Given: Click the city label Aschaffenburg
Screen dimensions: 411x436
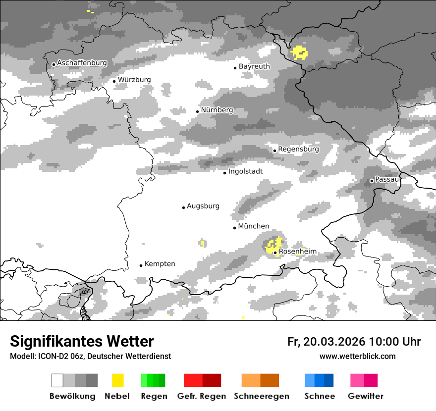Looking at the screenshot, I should pos(82,63).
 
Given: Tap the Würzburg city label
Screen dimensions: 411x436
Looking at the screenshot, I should pos(134,80).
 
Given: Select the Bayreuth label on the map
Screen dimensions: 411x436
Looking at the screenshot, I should pos(254,66).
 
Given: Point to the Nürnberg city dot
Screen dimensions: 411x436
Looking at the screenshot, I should pos(197,111).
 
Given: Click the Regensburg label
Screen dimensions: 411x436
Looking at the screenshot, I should pos(298,149).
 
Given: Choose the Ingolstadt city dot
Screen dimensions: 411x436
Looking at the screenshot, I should pos(224,173).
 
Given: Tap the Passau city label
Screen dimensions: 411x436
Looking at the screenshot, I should pos(387,179).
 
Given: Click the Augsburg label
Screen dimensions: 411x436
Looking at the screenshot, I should pos(203,206).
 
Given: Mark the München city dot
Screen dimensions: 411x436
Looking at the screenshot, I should pos(234,228).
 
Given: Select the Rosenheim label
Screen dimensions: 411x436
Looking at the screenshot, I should pos(298,252).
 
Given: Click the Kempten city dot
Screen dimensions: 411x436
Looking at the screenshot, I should pos(141,265).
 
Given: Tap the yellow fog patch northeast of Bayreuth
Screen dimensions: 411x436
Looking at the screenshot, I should pos(299,51).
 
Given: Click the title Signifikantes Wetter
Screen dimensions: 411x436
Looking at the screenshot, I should pos(82,341).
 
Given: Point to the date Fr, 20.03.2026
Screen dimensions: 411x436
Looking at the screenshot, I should pos(326,342).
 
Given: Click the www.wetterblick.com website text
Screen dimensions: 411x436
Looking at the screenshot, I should pos(357,356).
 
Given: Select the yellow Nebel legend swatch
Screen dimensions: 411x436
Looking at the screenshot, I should pos(117,380).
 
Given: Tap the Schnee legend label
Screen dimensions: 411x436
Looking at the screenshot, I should pos(319,396).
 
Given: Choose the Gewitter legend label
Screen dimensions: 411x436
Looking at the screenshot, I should pos(365,396).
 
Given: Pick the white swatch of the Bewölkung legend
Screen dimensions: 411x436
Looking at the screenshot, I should pos(57,380).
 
